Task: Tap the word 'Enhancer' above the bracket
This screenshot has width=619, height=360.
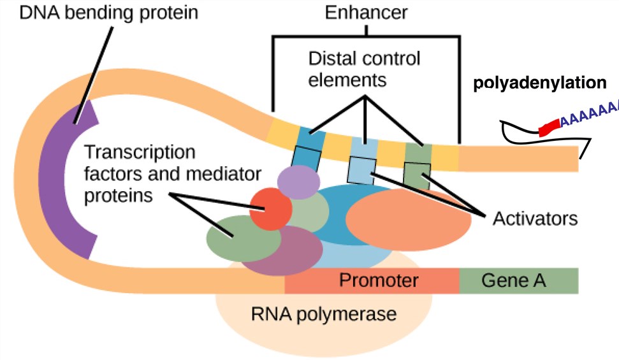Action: tap(366, 13)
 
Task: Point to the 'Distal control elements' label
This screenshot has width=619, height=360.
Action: tap(364, 70)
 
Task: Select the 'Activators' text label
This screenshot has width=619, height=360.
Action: tap(535, 219)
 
